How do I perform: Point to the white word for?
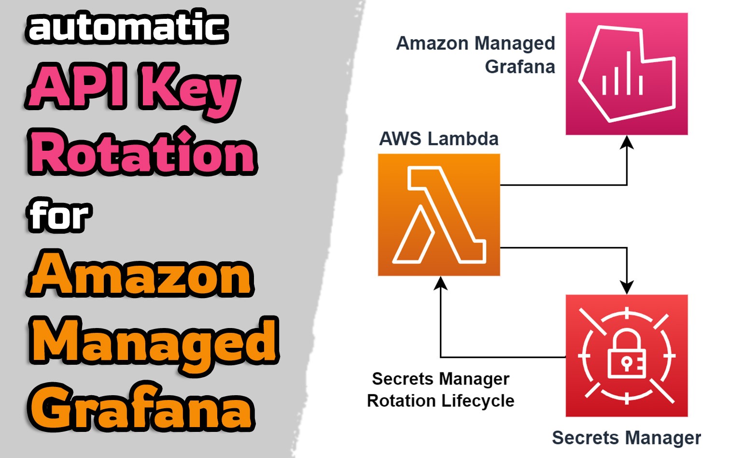tap(58, 215)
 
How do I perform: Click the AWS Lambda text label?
tap(438, 139)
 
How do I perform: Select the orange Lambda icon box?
tap(438, 215)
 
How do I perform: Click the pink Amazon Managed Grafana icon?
tap(626, 74)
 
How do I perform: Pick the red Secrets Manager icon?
tap(626, 356)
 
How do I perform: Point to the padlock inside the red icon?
tap(626, 355)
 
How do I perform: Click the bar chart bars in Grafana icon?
tap(622, 79)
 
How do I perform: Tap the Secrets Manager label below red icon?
tap(626, 438)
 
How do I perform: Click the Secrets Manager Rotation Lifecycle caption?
tap(440, 390)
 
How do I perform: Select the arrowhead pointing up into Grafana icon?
tap(627, 142)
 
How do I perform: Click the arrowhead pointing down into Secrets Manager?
tap(627, 288)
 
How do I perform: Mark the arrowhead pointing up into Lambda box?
tap(440, 283)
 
